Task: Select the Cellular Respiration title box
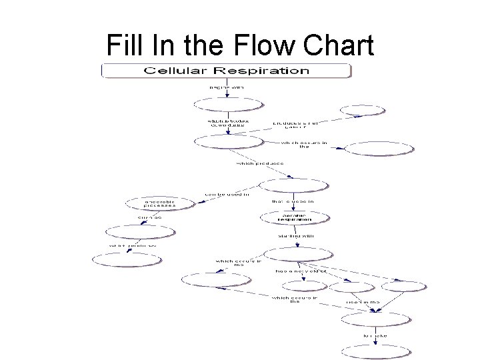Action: (x=226, y=70)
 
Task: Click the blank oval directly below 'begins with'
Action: (x=228, y=105)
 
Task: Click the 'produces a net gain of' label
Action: (x=295, y=125)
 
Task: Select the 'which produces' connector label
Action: (x=261, y=163)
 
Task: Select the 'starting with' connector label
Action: (x=296, y=235)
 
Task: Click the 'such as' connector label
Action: (x=150, y=217)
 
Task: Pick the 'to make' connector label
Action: (x=375, y=335)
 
